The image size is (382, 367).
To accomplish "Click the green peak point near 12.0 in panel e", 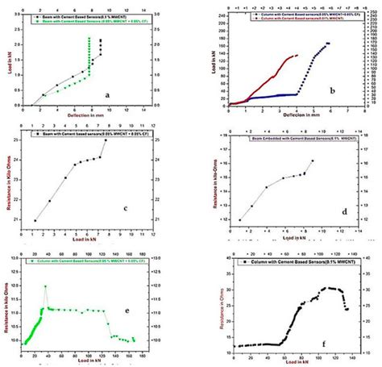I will pyautogui.click(x=45, y=286).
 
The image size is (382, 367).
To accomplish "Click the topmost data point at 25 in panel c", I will pyautogui.click(x=106, y=140).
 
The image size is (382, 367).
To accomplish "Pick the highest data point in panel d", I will pyautogui.click(x=313, y=161).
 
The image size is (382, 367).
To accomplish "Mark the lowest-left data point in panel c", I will pyautogui.click(x=35, y=220).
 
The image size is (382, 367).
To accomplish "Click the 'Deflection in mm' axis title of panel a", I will pyautogui.click(x=77, y=119).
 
